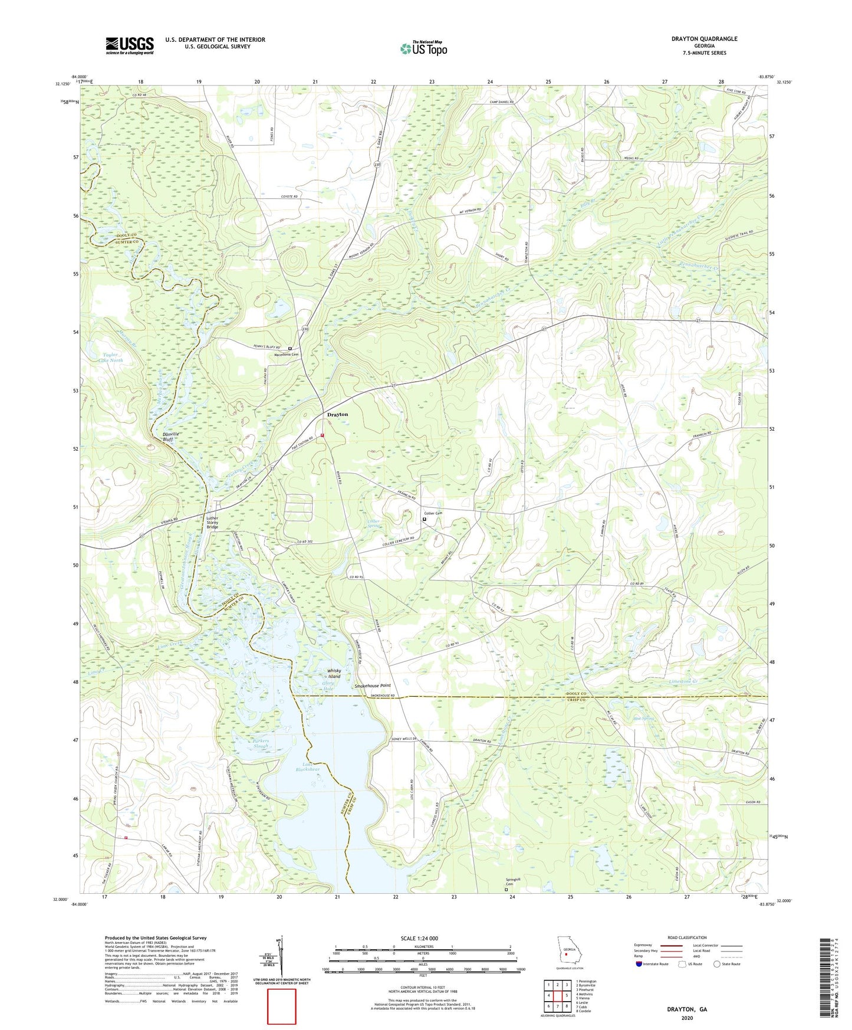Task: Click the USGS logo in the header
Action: (x=130, y=45)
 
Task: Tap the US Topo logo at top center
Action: (x=423, y=48)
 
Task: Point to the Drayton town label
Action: (x=337, y=415)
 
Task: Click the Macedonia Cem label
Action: (x=287, y=355)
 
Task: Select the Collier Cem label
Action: (x=433, y=513)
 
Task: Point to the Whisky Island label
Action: (x=334, y=674)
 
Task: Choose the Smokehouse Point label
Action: (x=372, y=685)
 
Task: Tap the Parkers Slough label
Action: (x=261, y=743)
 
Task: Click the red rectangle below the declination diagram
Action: (x=282, y=1006)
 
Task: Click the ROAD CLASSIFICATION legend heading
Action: (x=686, y=937)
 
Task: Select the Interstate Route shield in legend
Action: (x=640, y=964)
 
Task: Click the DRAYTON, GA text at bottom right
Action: (x=686, y=1009)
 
